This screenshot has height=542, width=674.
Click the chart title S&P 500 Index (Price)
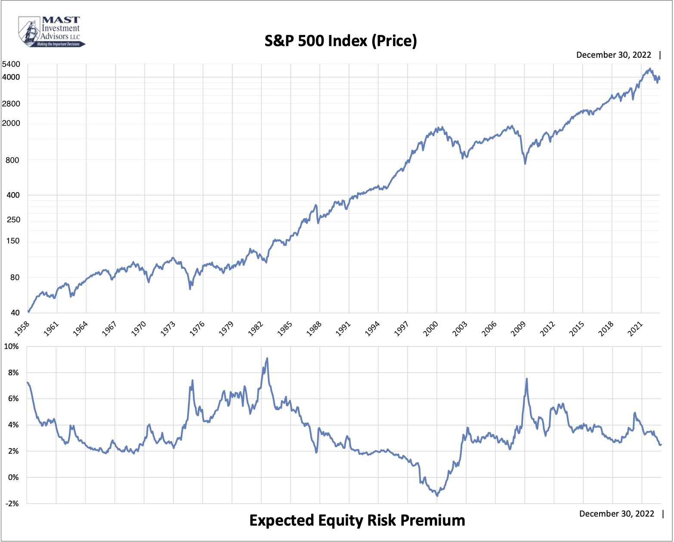point(340,41)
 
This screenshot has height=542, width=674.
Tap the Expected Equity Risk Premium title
point(357,520)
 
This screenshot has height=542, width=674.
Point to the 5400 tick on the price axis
point(11,64)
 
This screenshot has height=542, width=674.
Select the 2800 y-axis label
point(11,104)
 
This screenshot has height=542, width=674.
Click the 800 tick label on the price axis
point(13,160)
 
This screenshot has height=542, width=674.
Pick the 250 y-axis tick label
point(13,220)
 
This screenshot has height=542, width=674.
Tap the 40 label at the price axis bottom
point(15,313)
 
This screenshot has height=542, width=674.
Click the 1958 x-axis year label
point(22,328)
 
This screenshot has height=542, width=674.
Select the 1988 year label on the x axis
point(314,328)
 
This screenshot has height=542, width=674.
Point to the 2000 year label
point(431,328)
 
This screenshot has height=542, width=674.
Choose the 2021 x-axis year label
point(635,328)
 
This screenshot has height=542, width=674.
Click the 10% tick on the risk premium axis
point(12,346)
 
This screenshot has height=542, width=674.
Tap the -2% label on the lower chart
point(12,503)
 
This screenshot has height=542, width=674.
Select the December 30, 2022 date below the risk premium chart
point(616,514)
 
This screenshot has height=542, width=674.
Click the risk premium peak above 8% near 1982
point(267,358)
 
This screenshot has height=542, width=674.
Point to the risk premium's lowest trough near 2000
point(437,496)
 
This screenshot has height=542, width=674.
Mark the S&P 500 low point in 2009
point(525,164)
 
